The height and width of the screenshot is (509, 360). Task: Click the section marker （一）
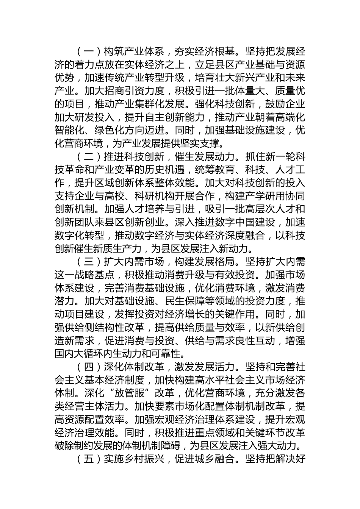[89, 52]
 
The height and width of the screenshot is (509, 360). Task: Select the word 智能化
[67, 130]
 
